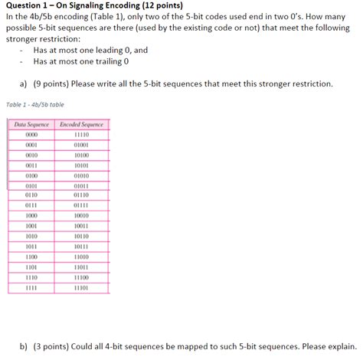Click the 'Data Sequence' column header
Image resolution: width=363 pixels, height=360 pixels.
pos(31,124)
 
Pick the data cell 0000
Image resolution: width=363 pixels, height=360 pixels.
pos(31,133)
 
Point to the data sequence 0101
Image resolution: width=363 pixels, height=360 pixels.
pos(31,185)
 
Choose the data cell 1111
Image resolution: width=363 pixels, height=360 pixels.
pos(31,288)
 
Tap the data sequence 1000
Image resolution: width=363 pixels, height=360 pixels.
pos(31,216)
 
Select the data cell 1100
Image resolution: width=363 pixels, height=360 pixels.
pos(31,257)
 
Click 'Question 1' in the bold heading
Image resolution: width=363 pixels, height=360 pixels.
pos(29,5)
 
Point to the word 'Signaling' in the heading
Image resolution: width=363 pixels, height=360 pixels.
pos(99,5)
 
